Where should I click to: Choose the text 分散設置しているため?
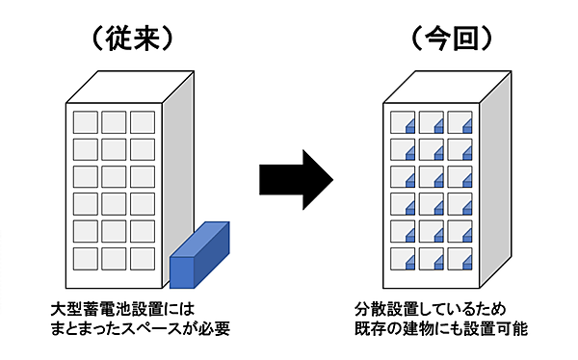click(430, 310)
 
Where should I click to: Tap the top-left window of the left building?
click(87, 123)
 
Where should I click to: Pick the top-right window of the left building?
click(143, 123)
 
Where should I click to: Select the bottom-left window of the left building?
click(87, 258)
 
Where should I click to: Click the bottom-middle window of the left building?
click(115, 258)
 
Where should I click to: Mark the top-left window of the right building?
click(402, 123)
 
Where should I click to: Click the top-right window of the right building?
click(459, 123)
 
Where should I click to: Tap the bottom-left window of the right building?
click(402, 258)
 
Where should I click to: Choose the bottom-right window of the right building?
click(459, 258)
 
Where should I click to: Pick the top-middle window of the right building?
click(431, 123)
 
